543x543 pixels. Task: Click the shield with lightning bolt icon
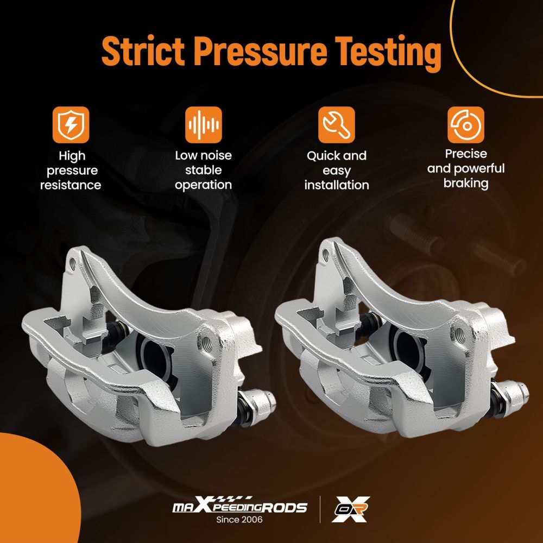71,125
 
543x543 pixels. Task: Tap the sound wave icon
203,125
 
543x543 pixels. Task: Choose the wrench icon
336,125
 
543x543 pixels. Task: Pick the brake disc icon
466,125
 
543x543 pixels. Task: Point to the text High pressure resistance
71,171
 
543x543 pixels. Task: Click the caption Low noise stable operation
203,170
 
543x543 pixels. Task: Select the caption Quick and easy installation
337,171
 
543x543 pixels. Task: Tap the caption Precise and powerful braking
466,169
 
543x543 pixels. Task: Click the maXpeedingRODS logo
239,505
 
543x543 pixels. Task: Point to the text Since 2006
239,520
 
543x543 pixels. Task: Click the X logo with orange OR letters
350,509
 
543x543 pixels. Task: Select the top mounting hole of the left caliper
73,265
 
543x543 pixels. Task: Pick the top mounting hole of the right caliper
326,256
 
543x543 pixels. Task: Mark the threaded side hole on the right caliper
459,334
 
